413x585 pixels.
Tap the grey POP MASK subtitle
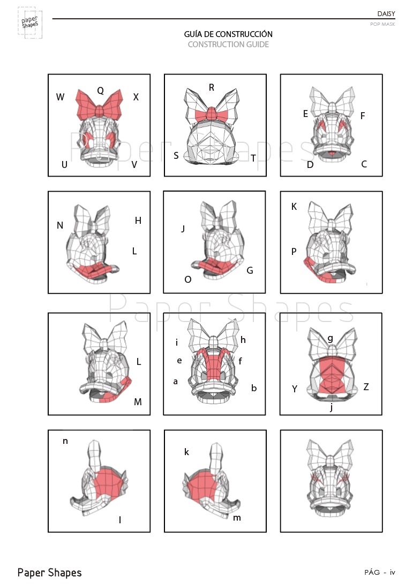click(x=382, y=24)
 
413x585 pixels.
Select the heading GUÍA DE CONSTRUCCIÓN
click(x=228, y=34)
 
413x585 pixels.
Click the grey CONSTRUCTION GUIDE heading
click(x=228, y=44)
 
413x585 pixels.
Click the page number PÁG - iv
click(x=379, y=572)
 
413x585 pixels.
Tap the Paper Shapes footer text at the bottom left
click(x=49, y=572)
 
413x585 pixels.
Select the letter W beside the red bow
click(x=60, y=97)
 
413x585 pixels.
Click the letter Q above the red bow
click(x=100, y=90)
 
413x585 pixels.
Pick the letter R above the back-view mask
click(x=212, y=87)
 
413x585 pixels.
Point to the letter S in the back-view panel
click(x=176, y=156)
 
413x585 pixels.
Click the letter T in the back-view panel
click(x=253, y=158)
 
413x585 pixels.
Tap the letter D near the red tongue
click(x=310, y=165)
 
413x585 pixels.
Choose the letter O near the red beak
click(x=187, y=279)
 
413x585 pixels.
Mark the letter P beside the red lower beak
click(x=294, y=251)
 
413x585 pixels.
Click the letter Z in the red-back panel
click(x=366, y=386)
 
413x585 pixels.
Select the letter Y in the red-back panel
click(x=294, y=389)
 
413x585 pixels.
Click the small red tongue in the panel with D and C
click(x=332, y=154)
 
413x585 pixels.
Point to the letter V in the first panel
click(x=134, y=165)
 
